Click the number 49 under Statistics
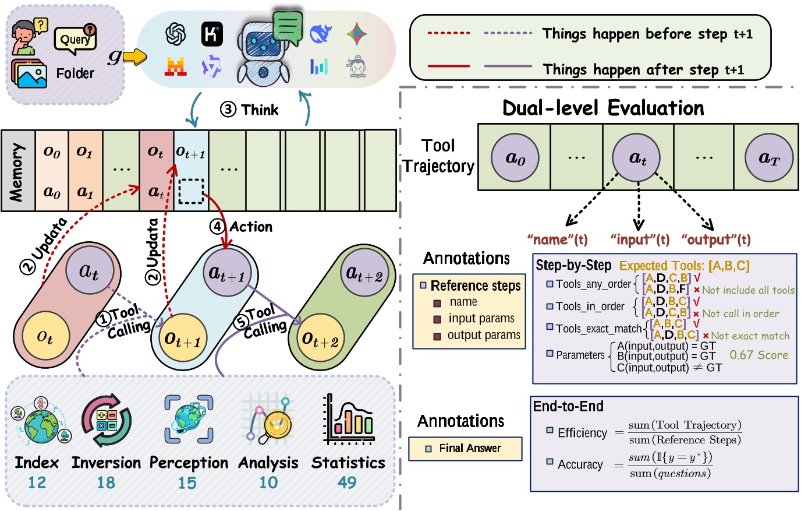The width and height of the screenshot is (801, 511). (x=347, y=482)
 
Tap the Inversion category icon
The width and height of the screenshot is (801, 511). (x=107, y=421)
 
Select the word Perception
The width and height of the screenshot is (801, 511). (x=189, y=463)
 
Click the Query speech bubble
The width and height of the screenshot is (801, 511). (x=75, y=39)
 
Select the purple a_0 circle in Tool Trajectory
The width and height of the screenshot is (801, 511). (x=515, y=158)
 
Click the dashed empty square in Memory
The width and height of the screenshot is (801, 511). (x=190, y=191)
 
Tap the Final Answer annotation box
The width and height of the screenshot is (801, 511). (x=465, y=448)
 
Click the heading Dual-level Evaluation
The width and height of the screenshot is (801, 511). (x=602, y=108)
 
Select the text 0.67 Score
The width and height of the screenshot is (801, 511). (x=759, y=355)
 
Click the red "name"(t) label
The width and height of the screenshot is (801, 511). (x=557, y=239)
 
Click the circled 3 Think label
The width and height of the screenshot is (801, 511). (x=250, y=110)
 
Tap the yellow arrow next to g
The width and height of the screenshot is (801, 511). (x=135, y=57)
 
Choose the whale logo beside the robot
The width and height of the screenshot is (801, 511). (x=320, y=34)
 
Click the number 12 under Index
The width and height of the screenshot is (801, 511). (x=37, y=482)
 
